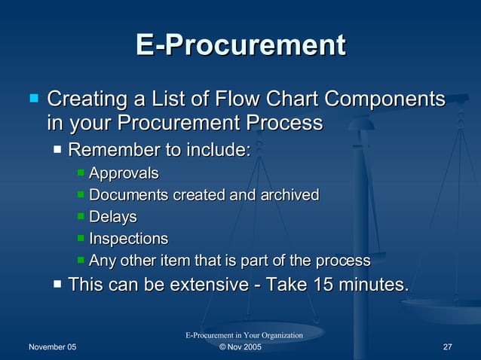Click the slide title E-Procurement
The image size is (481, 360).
[240, 45]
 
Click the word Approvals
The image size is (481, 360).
[124, 173]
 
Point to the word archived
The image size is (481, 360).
[290, 195]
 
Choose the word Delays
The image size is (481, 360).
[113, 217]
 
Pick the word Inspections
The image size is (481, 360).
[128, 239]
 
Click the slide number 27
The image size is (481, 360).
[447, 347]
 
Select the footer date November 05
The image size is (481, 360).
[52, 347]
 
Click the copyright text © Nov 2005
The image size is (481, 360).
[240, 347]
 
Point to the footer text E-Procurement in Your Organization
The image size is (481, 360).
[244, 335]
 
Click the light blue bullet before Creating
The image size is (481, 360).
[33, 98]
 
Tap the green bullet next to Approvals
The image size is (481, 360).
[81, 173]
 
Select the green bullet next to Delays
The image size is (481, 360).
[81, 217]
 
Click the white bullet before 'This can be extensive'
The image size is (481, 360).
[58, 285]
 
